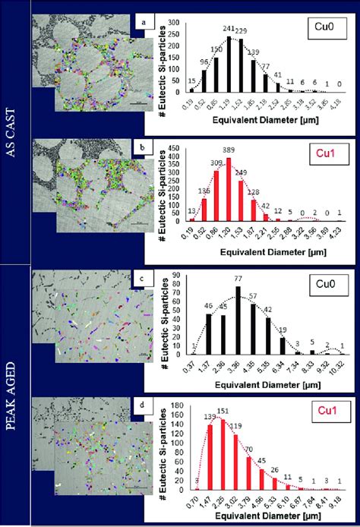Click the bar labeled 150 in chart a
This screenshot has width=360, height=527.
[216, 74]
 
